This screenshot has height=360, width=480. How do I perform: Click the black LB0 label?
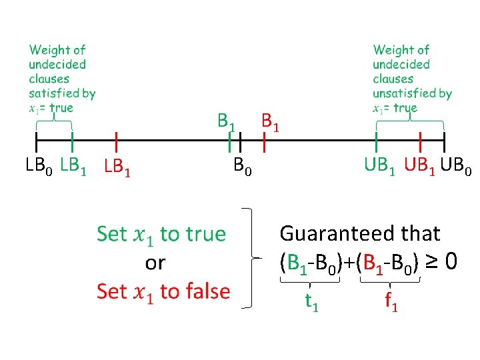point(39,166)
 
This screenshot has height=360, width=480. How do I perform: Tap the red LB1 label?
point(117,167)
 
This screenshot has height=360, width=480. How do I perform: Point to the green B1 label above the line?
point(226,123)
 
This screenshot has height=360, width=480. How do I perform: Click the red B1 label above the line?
point(270,122)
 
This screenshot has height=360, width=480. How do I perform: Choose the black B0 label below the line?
point(243,165)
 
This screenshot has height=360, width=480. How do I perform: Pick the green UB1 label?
point(379,166)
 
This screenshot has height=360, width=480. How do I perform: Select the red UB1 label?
point(421,166)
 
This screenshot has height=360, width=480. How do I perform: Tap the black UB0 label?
point(458,166)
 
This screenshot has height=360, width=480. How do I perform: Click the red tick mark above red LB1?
point(117,141)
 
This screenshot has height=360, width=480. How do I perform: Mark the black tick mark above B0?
point(240,141)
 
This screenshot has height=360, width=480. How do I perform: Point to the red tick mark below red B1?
point(265,141)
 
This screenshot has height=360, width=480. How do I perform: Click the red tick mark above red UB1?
point(420,141)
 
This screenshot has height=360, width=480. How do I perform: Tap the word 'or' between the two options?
point(155,263)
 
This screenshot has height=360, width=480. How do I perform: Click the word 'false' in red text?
point(206,291)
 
